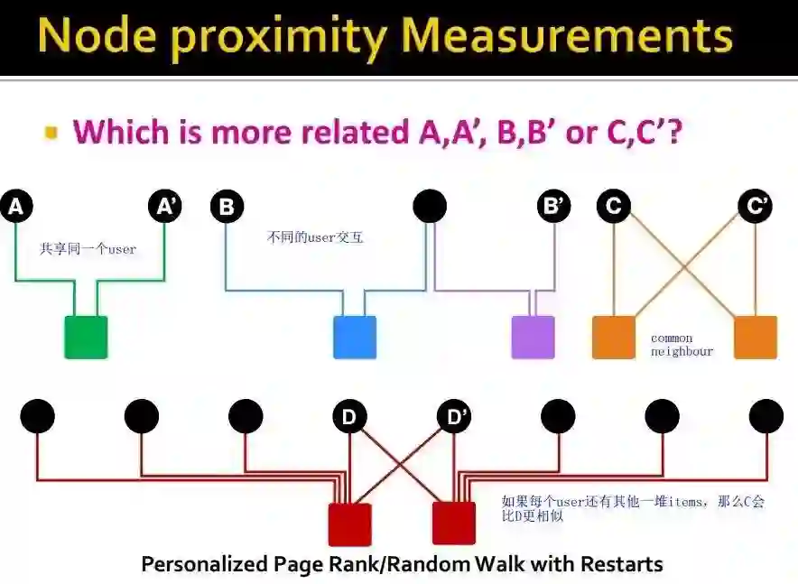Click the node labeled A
[x=15, y=207]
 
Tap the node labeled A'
[x=165, y=207]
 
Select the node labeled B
[x=227, y=207]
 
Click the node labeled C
[x=614, y=207]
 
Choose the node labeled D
[x=349, y=416]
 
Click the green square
[x=86, y=337]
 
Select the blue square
[x=354, y=337]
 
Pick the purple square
[x=533, y=337]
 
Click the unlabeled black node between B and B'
[x=430, y=207]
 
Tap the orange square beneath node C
[x=614, y=337]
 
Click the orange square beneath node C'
[x=755, y=337]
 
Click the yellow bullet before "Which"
[x=51, y=133]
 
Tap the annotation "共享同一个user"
[x=88, y=248]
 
